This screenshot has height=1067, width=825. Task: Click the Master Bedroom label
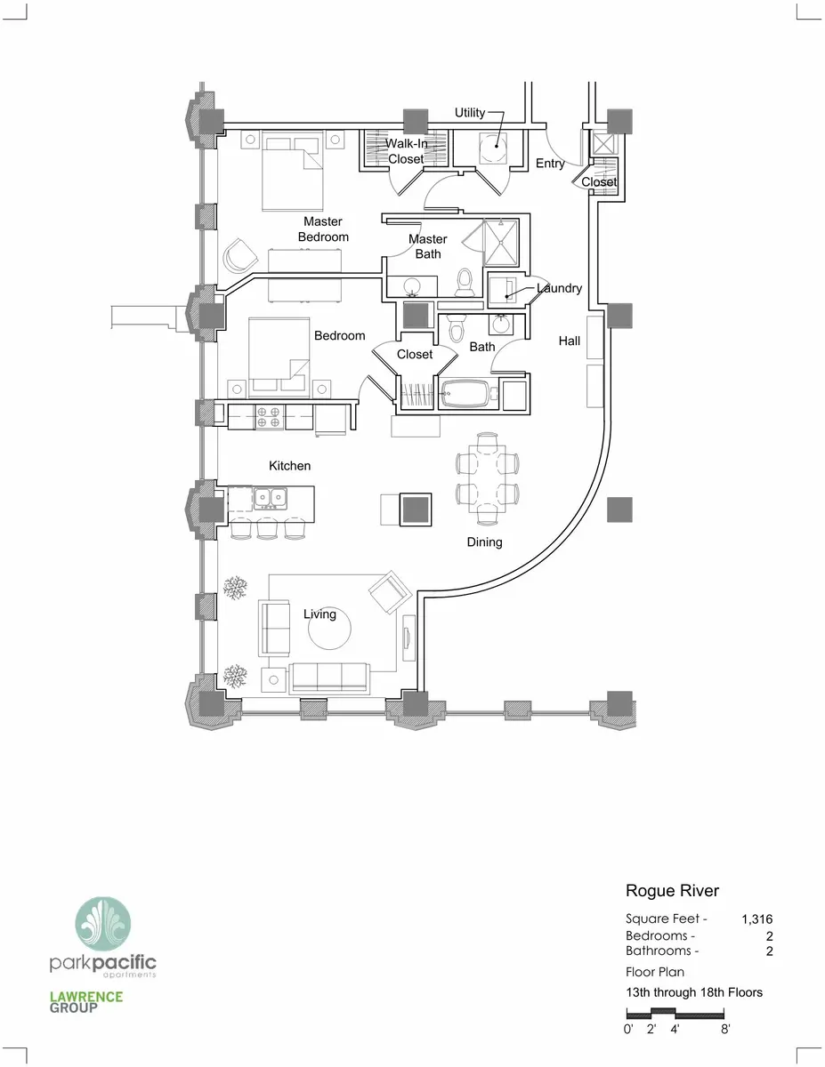tap(323, 229)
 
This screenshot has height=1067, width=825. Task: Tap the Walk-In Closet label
tap(406, 151)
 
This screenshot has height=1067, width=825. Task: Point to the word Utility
tap(470, 113)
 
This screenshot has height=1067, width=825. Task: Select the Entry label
tap(550, 164)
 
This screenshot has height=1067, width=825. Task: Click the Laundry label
tap(559, 288)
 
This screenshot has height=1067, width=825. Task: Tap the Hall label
tap(569, 341)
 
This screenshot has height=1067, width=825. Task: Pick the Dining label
tap(484, 542)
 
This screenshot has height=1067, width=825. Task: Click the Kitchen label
tap(289, 466)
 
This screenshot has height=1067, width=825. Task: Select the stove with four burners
tap(269, 417)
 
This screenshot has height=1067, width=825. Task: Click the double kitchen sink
tap(271, 498)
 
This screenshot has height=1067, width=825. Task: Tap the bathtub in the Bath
tap(465, 393)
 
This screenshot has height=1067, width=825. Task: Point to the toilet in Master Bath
tap(465, 283)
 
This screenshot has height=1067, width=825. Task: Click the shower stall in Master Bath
tap(501, 243)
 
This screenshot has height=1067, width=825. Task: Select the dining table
tap(487, 478)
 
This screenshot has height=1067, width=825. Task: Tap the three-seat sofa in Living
tap(329, 678)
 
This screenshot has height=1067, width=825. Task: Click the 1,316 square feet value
tap(756, 919)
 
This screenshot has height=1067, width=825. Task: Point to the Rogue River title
tap(672, 891)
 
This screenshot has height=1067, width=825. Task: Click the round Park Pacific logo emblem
tap(103, 925)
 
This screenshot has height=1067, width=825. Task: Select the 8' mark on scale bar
tap(725, 1029)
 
